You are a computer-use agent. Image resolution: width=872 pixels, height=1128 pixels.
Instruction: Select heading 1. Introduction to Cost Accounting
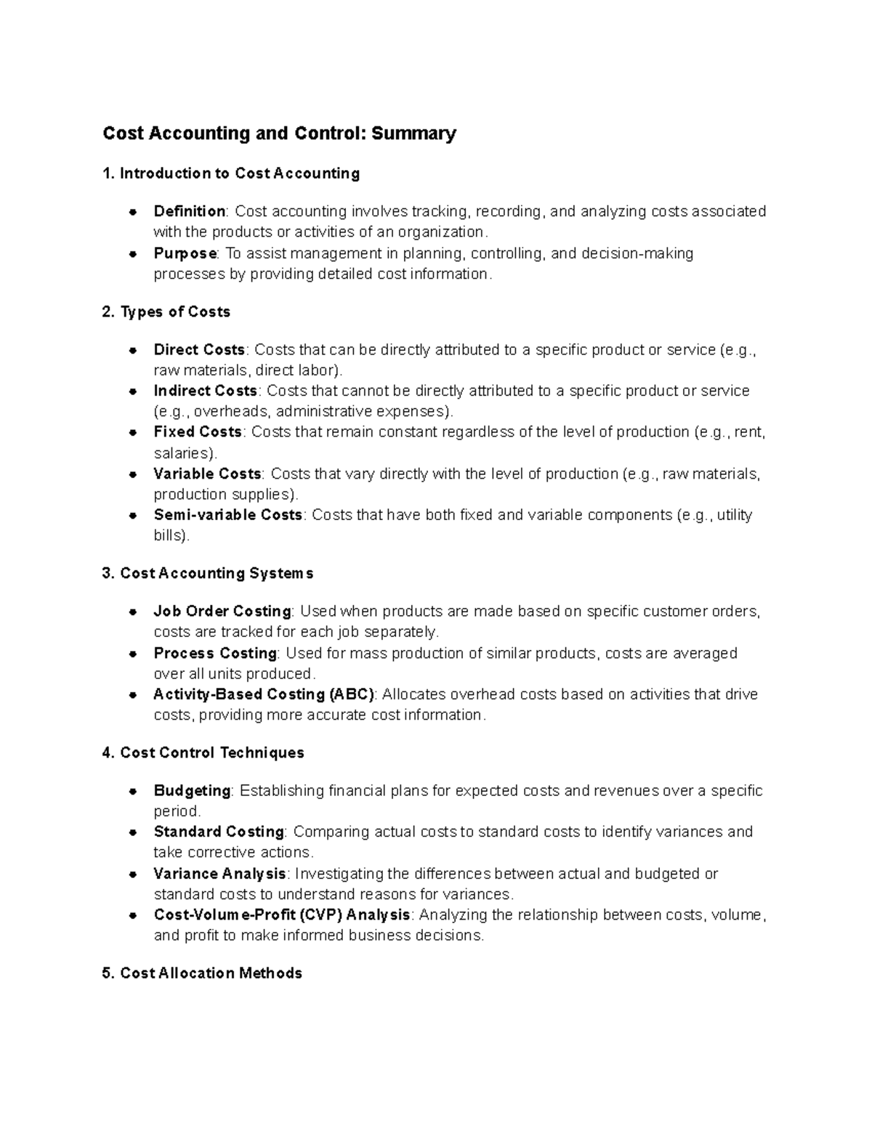(x=231, y=174)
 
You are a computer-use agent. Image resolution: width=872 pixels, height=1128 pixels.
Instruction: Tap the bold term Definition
(x=190, y=211)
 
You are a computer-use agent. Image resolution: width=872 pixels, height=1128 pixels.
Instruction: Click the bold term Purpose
(x=185, y=253)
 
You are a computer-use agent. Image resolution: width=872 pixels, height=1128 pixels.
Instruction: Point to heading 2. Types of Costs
(x=166, y=312)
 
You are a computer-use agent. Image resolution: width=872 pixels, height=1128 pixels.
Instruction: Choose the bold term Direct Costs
(x=200, y=350)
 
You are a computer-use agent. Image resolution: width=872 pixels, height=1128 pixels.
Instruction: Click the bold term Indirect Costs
(x=206, y=391)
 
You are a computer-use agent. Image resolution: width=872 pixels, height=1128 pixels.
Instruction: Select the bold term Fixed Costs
(x=198, y=432)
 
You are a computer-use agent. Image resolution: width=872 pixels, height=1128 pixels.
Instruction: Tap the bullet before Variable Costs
(x=133, y=474)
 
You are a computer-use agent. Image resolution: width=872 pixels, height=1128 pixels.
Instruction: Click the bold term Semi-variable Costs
(x=227, y=515)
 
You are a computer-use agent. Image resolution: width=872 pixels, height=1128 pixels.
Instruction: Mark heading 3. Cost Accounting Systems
(x=208, y=574)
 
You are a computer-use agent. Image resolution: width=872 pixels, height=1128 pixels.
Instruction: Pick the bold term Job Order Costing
(x=222, y=612)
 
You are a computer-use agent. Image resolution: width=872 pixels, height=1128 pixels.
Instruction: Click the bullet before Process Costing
(x=133, y=654)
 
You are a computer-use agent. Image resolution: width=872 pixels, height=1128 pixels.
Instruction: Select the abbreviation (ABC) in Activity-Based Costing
(x=352, y=694)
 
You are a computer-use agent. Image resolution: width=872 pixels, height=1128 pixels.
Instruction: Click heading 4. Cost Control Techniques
(x=203, y=753)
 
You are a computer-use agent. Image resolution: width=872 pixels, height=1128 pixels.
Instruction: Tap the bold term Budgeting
(x=192, y=791)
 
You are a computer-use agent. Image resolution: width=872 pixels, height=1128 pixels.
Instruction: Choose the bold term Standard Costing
(x=219, y=832)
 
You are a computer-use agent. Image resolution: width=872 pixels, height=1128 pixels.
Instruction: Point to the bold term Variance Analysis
(x=220, y=874)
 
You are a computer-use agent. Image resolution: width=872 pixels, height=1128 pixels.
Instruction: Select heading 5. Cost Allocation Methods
(x=202, y=973)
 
